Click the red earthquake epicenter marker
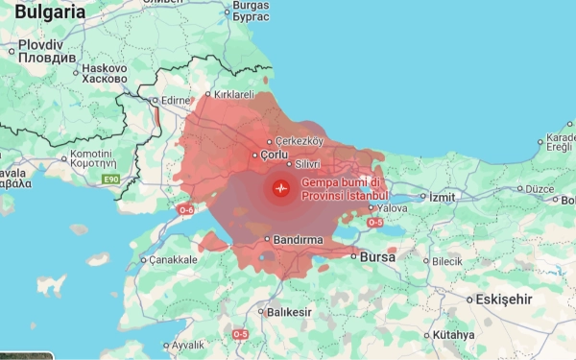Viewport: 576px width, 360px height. point(280,188)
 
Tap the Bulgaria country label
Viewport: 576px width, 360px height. point(44,12)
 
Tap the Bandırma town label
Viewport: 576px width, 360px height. point(293,239)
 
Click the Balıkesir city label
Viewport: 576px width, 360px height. point(289,312)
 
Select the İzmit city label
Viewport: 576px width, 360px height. point(442,197)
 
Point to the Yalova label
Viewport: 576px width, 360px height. point(391,207)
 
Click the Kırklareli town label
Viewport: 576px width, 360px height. point(233,95)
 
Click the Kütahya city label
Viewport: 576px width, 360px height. point(453,335)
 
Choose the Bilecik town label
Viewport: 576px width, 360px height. point(446,261)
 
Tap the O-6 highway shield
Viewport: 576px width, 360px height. point(185,208)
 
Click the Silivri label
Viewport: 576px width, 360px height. point(305,165)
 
